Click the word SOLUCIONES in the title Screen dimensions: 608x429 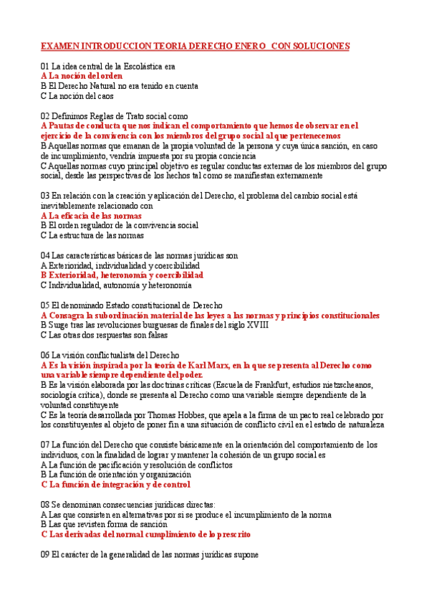click(322, 46)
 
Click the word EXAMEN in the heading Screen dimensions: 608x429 click(59, 46)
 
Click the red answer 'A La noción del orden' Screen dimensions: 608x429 click(82, 75)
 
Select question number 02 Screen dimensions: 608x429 click(45, 115)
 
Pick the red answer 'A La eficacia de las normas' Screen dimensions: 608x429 click(91, 215)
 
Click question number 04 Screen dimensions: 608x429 click(45, 255)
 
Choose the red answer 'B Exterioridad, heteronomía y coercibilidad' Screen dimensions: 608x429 click(122, 275)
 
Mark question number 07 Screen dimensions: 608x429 click(45, 445)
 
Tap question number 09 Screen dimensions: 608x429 click(45, 554)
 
